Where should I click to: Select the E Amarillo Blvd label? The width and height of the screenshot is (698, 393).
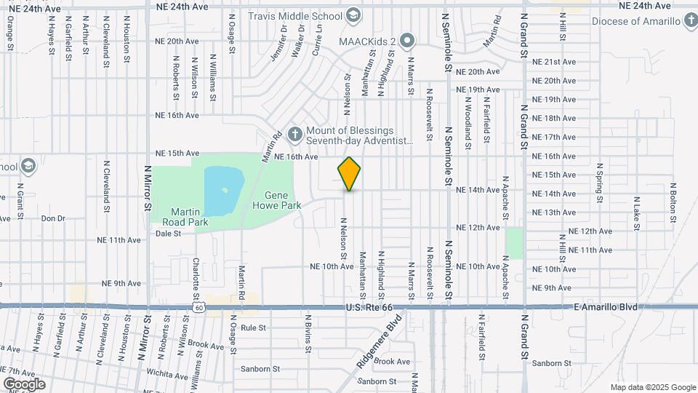click(x=605, y=308)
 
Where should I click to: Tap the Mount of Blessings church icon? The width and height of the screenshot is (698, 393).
click(x=294, y=133)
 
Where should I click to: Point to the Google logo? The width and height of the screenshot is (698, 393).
click(x=24, y=384)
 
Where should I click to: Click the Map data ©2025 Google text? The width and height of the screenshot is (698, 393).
click(x=653, y=387)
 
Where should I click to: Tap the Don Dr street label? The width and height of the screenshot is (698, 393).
click(x=52, y=218)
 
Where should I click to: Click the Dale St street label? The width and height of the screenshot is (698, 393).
click(x=168, y=234)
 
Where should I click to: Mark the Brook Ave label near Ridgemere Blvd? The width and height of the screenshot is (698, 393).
click(x=393, y=362)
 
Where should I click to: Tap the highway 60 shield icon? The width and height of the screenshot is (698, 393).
click(x=198, y=309)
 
